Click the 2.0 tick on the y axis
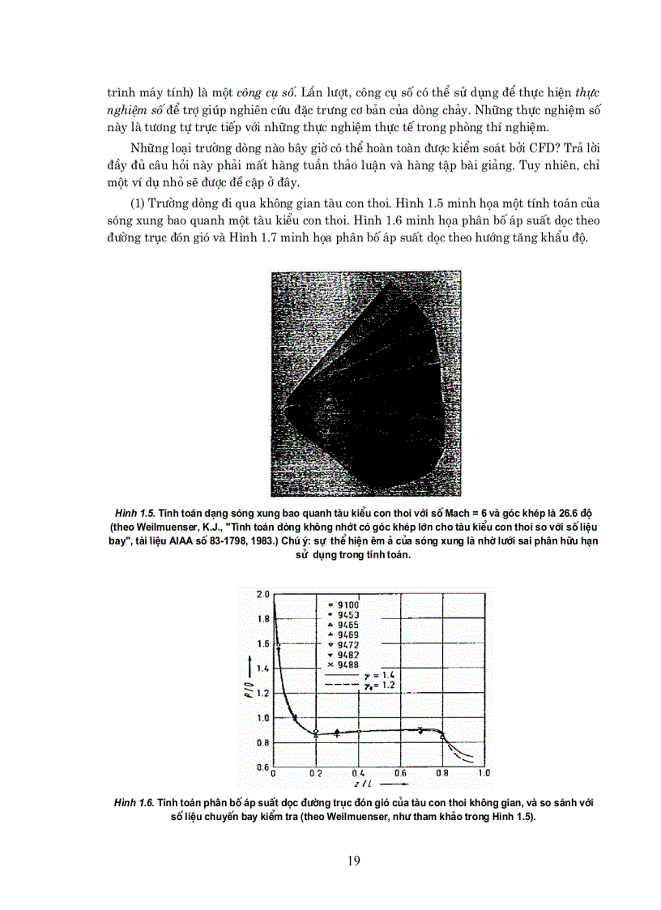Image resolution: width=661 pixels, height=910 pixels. click(262, 594)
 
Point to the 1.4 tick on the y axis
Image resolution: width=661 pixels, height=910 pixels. click(262, 669)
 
